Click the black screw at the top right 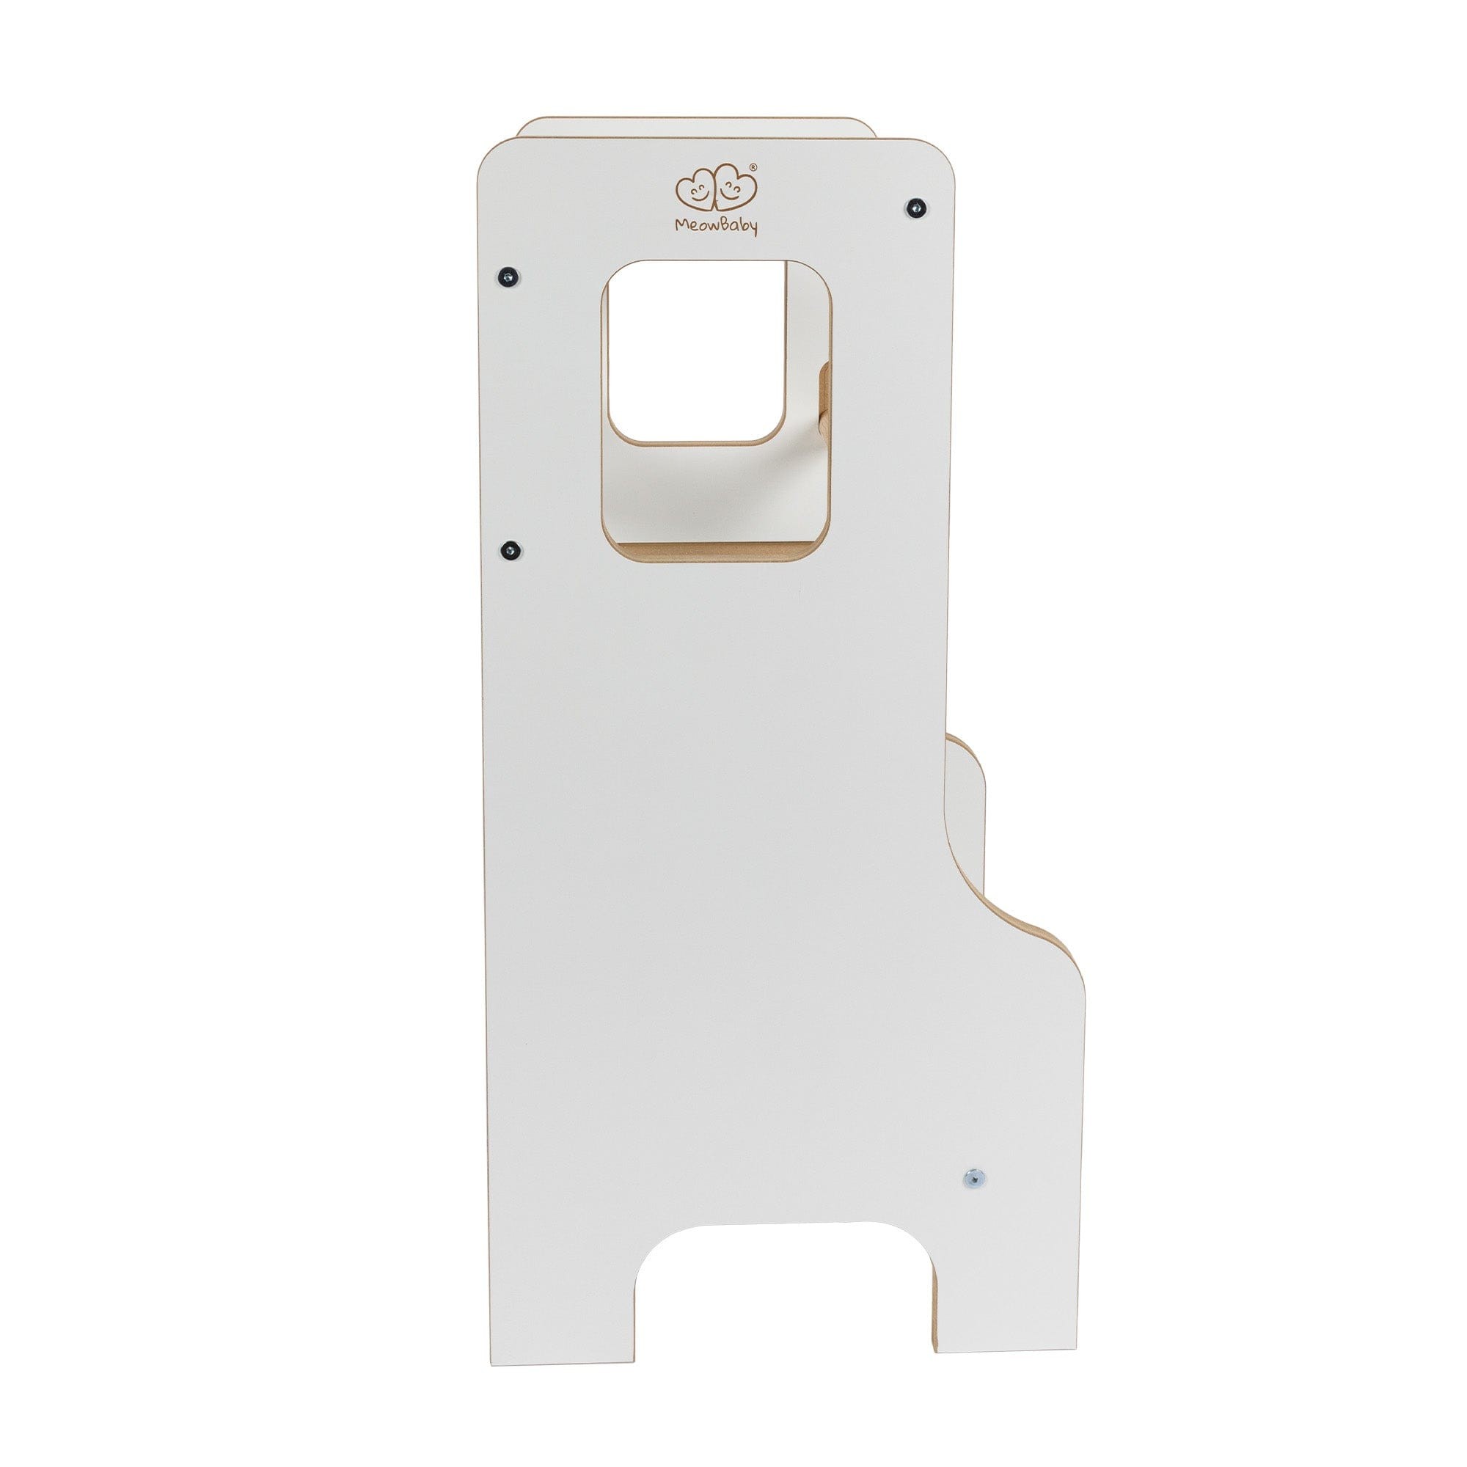point(918,206)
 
